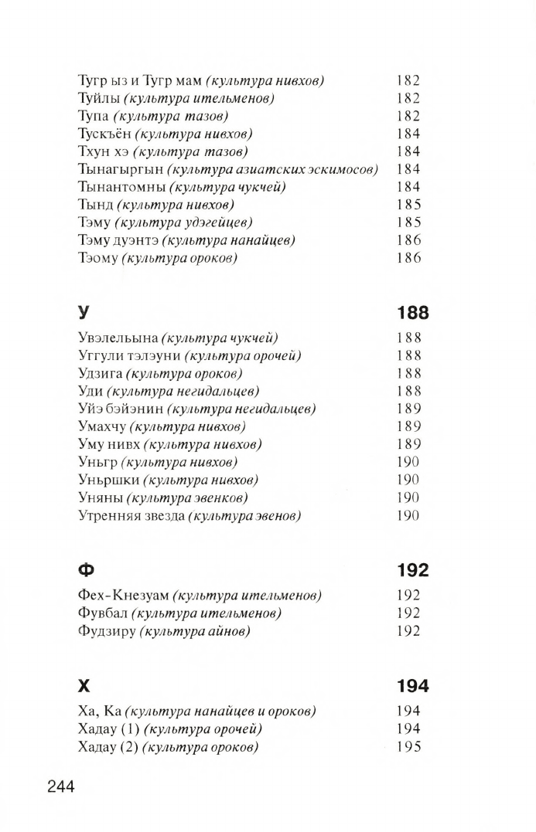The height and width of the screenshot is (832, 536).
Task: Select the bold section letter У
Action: pyautogui.click(x=84, y=314)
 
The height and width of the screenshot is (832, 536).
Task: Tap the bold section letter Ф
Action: pyautogui.click(x=85, y=571)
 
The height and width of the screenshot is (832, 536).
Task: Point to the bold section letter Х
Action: pyautogui.click(x=84, y=686)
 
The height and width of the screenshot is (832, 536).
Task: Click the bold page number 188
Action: pyautogui.click(x=412, y=314)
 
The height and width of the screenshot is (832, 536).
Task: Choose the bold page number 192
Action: pyautogui.click(x=412, y=571)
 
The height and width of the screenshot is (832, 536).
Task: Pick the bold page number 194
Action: pyautogui.click(x=412, y=686)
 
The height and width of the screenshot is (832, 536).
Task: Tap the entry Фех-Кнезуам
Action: pyautogui.click(x=122, y=596)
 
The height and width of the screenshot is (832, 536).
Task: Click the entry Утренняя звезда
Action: pyautogui.click(x=131, y=515)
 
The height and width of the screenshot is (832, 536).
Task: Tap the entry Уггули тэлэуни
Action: pyautogui.click(x=128, y=355)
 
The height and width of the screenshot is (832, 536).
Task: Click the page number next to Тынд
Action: pyautogui.click(x=408, y=205)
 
